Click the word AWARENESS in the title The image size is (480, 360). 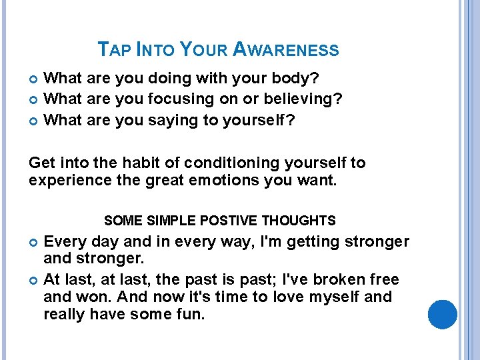click(286, 50)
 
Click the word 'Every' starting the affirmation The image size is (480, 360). click(65, 241)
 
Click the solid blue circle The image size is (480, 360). click(442, 315)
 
